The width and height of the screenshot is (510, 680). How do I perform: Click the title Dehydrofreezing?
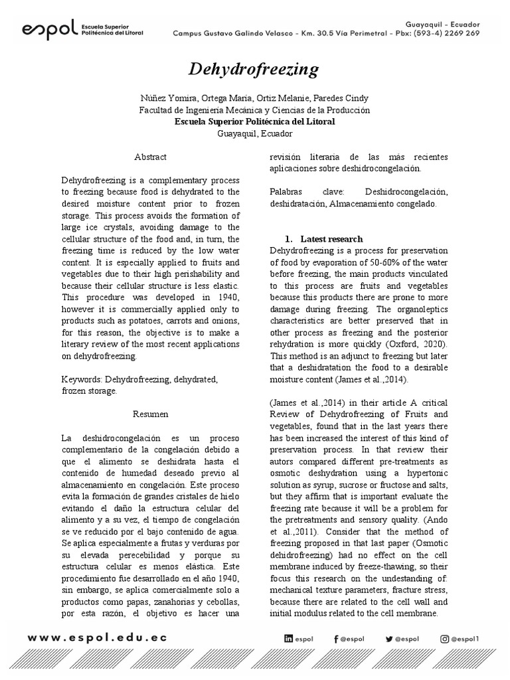pos(254,69)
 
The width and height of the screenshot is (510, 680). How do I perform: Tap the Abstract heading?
pos(151,157)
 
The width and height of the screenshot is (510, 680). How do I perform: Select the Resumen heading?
pos(151,414)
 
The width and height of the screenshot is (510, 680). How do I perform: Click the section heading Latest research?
pos(331,238)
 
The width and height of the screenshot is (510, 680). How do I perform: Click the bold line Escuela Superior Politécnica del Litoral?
pos(254,122)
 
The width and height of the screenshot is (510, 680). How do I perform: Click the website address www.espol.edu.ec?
pos(98,637)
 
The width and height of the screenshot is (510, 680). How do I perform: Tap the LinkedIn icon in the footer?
pos(288,639)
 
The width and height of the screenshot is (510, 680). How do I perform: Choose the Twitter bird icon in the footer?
pos(389,639)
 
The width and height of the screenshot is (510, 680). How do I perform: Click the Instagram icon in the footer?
pos(444,639)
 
